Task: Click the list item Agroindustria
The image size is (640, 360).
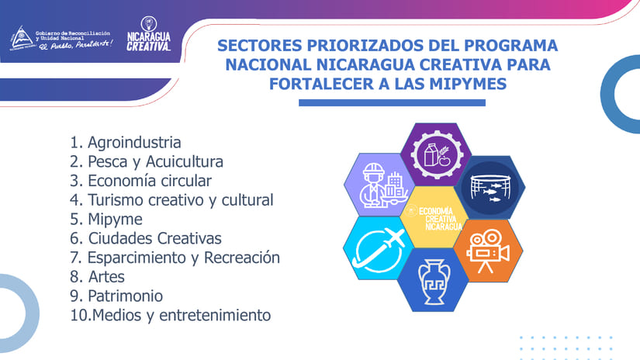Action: click(126, 143)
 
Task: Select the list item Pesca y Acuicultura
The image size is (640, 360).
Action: click(147, 161)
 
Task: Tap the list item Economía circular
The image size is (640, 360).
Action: click(141, 181)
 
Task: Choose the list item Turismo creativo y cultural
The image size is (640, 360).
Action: click(171, 200)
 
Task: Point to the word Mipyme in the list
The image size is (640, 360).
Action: click(115, 220)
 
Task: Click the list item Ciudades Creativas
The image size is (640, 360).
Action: click(146, 238)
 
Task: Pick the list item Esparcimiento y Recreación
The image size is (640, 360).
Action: click(175, 258)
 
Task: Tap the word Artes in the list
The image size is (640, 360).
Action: click(106, 277)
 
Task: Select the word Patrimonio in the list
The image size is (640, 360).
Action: click(126, 296)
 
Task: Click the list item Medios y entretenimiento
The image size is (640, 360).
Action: click(170, 315)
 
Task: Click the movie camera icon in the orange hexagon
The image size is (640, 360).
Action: click(488, 251)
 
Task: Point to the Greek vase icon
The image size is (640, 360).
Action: click(434, 282)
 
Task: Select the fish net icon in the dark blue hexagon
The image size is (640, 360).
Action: click(490, 189)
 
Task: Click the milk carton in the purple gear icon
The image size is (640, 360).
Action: click(431, 154)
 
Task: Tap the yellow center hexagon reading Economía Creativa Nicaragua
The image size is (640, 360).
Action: click(434, 217)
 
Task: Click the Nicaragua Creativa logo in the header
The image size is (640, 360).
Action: click(149, 34)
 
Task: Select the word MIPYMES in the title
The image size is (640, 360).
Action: click(468, 84)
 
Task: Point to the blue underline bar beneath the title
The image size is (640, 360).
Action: click(393, 102)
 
